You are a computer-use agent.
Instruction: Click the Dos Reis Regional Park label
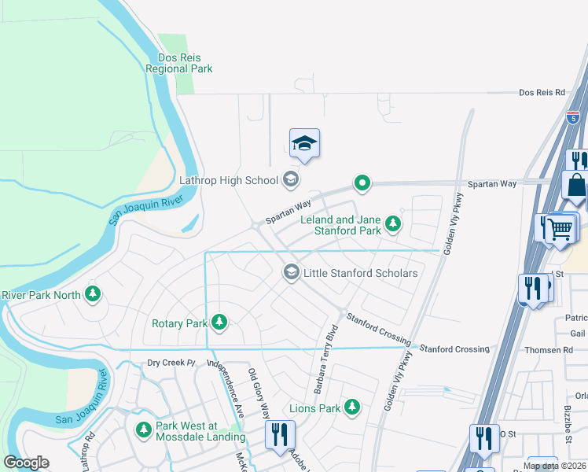coord(179,63)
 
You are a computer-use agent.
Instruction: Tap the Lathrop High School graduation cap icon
coord(290,180)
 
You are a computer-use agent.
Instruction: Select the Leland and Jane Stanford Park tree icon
coord(393,226)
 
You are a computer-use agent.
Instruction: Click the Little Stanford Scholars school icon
coord(291,273)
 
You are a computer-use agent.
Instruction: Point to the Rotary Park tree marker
coord(219,323)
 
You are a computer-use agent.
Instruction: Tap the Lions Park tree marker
coord(352,407)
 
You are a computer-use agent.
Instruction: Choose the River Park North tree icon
coord(94,294)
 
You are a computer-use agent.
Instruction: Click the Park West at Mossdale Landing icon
coord(144,430)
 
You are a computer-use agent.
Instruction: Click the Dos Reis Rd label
coord(542,92)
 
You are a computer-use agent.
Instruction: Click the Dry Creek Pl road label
coord(171,363)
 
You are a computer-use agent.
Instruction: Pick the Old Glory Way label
coord(259,393)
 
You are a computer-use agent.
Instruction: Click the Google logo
coord(26,463)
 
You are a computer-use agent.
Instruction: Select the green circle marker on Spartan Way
coord(362,183)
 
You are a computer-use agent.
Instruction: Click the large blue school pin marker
coord(304,145)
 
